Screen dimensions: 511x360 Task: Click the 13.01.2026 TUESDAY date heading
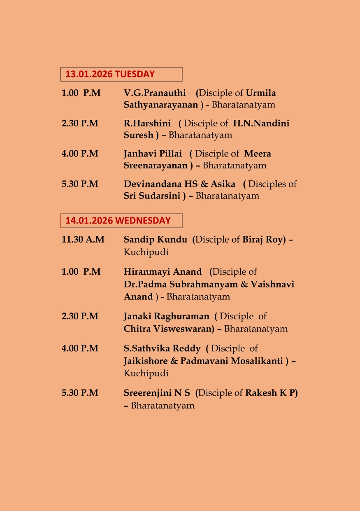[110, 74]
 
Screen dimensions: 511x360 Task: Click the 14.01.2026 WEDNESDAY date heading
[118, 220]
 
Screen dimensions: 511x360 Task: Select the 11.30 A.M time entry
[83, 239]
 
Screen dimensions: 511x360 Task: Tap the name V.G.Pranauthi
[155, 93]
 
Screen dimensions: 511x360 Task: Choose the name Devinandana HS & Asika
[179, 184]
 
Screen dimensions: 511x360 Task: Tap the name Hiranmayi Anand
[163, 272]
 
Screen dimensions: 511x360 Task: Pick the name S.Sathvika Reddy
[162, 348]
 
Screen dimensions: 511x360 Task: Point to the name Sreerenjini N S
[157, 393]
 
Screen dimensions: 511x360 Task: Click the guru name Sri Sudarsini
[152, 196]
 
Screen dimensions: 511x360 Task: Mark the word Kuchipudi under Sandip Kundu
[146, 252]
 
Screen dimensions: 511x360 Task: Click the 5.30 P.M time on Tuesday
[80, 184]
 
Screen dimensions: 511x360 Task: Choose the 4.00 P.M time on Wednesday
[80, 348]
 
